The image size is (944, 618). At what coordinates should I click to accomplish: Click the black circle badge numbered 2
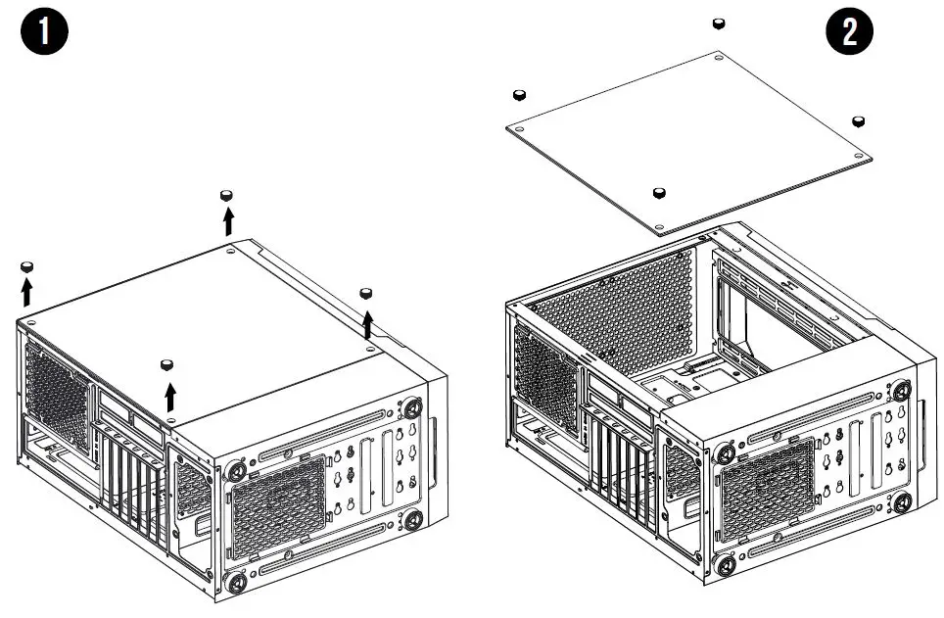point(849,31)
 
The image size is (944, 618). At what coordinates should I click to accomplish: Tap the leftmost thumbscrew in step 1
point(27,265)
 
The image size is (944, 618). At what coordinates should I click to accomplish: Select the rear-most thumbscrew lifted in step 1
point(227,195)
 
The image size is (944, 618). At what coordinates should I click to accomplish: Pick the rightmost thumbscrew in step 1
point(367,293)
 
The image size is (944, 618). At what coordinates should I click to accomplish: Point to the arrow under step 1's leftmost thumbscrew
point(27,290)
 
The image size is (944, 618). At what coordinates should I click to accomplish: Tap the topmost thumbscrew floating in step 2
point(719,23)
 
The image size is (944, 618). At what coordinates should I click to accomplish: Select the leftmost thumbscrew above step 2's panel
point(520,94)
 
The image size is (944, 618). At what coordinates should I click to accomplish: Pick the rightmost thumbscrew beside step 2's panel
point(859,120)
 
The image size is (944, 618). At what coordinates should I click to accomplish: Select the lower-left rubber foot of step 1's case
point(236,580)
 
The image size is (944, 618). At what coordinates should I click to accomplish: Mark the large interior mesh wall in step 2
point(627,313)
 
